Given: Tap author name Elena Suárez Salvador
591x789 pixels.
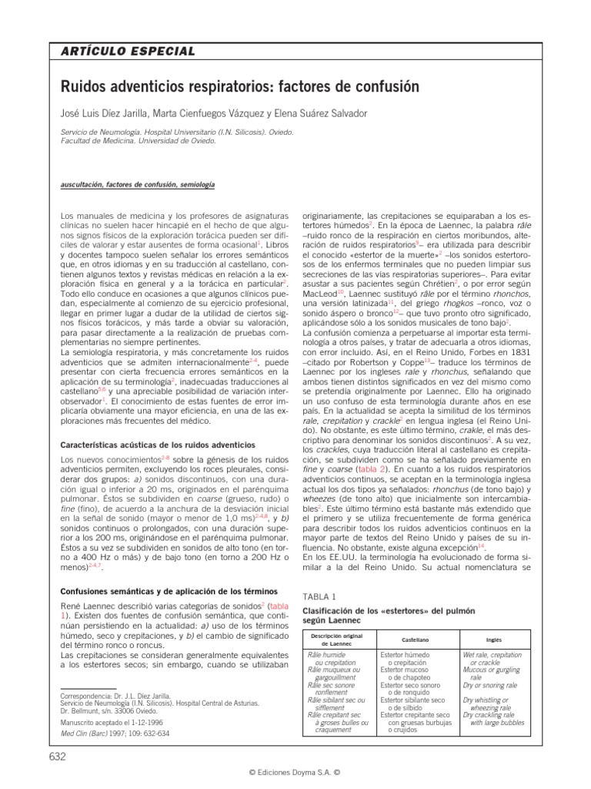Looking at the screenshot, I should [x=324, y=113].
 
